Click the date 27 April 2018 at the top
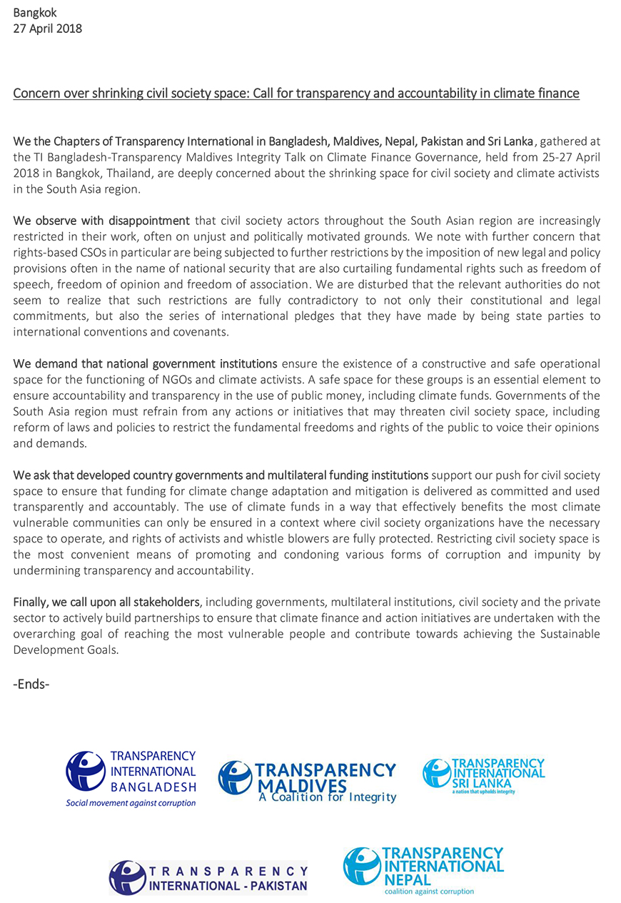pyautogui.click(x=48, y=29)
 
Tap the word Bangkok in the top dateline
pyautogui.click(x=34, y=12)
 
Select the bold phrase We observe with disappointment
pyautogui.click(x=102, y=221)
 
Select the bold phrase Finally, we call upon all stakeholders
pyautogui.click(x=108, y=602)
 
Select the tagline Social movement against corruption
pyautogui.click(x=131, y=803)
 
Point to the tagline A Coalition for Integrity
pyautogui.click(x=328, y=797)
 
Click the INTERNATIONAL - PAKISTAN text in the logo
pyautogui.click(x=228, y=887)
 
